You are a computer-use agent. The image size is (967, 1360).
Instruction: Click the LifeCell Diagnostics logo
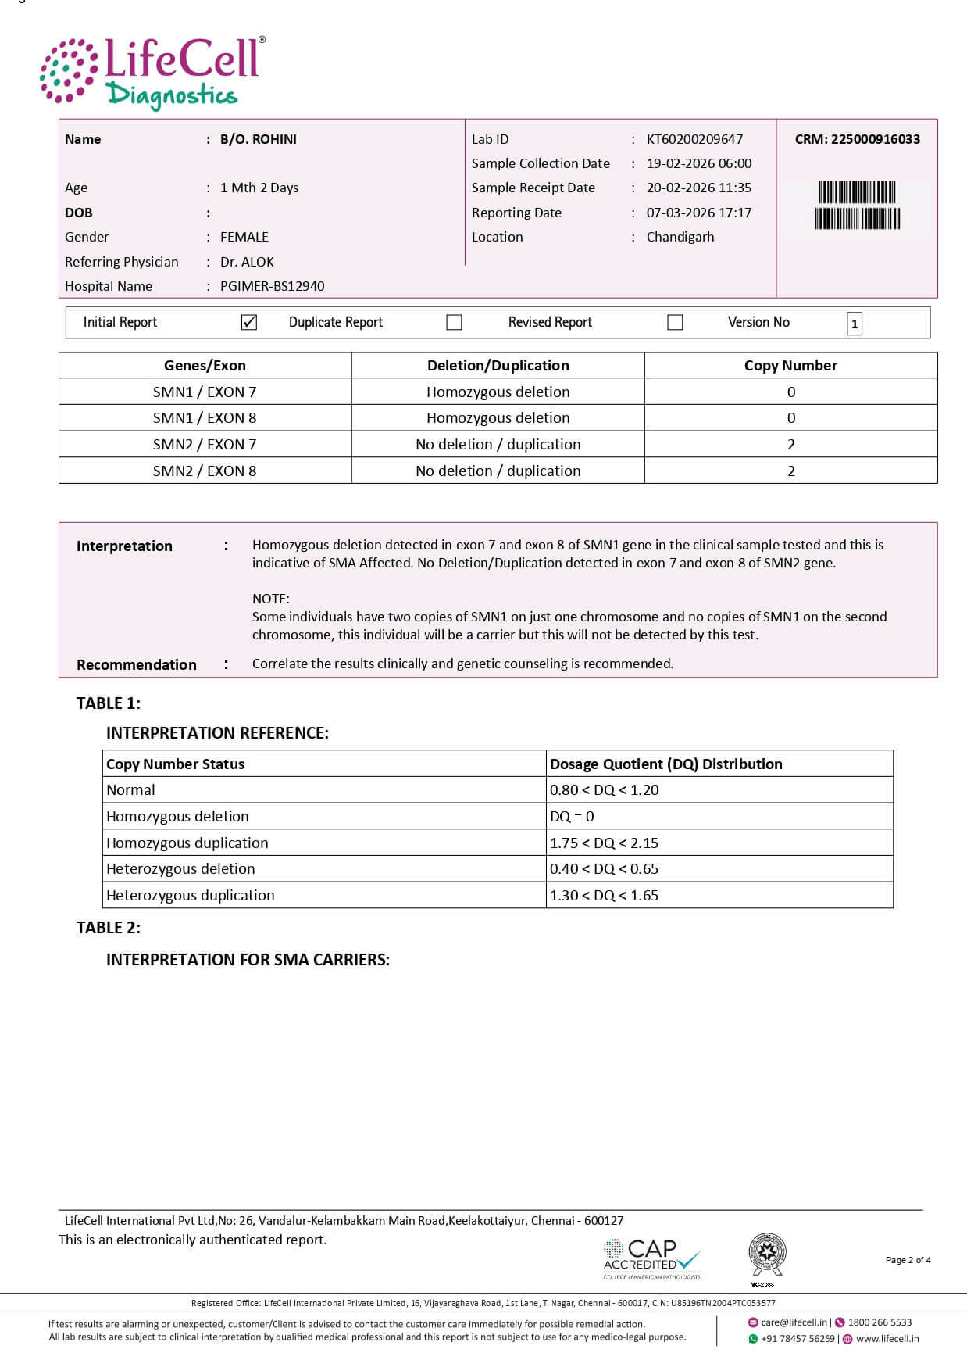152,73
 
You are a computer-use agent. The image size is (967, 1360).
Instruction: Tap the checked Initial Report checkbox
249,322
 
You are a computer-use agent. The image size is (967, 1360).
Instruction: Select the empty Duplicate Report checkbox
454,322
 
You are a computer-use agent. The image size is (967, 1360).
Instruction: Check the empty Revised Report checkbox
675,322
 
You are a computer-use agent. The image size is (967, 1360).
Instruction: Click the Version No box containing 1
854,324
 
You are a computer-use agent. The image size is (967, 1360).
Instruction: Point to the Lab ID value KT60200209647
694,139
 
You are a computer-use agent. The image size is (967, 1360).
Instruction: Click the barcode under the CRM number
857,205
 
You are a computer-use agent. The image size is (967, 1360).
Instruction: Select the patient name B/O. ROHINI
258,139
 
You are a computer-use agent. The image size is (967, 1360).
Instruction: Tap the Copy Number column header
790,365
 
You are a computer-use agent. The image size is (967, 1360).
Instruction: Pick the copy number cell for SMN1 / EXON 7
790,392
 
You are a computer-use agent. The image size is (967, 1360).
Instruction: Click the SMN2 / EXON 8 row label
205,471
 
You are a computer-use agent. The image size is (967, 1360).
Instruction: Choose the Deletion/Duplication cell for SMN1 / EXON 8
498,417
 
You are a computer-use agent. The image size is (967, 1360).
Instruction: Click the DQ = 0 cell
572,816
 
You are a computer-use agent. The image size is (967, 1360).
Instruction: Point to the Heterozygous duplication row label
191,895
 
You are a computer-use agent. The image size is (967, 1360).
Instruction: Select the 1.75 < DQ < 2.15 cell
604,843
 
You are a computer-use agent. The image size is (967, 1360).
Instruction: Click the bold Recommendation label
137,664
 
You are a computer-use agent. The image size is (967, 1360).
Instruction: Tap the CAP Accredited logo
651,1258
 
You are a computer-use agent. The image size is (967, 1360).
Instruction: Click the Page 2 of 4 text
908,1260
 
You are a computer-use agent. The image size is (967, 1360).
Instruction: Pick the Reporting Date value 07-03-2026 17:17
698,213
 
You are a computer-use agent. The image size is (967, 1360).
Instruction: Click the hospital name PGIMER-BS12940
272,286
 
